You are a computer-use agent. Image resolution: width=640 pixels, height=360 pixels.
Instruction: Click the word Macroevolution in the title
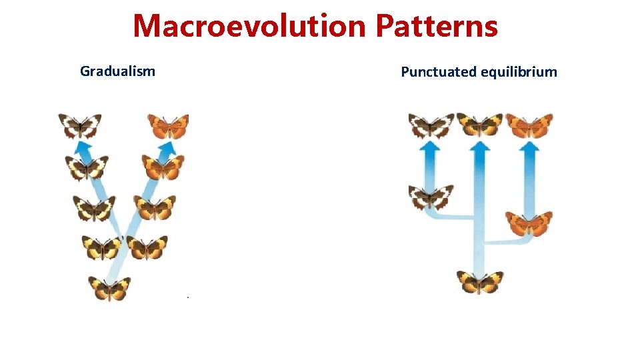250,27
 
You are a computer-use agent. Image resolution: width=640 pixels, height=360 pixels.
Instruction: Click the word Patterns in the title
437,27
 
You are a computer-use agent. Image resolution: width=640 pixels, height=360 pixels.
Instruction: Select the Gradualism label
117,71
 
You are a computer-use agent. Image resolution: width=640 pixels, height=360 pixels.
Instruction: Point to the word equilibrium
519,72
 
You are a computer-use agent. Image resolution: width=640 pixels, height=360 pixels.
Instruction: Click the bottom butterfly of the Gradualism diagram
109,288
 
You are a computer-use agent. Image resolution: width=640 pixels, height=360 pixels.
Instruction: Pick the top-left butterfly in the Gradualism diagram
79,125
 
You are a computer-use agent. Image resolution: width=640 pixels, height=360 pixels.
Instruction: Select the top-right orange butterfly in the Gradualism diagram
168,125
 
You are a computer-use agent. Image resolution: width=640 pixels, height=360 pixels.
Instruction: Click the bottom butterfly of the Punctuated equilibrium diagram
479,281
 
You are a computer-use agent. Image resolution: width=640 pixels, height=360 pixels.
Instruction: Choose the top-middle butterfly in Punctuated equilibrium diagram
479,125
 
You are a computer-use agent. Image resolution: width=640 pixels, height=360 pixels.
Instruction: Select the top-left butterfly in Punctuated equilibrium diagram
431,125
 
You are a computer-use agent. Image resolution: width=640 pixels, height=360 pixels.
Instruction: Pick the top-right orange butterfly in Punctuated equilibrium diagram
529,125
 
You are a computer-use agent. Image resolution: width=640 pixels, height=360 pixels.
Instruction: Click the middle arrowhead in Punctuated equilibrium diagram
479,145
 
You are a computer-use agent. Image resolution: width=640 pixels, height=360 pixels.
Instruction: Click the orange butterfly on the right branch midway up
529,223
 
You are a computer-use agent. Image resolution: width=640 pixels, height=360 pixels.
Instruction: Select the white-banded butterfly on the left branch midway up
431,197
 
